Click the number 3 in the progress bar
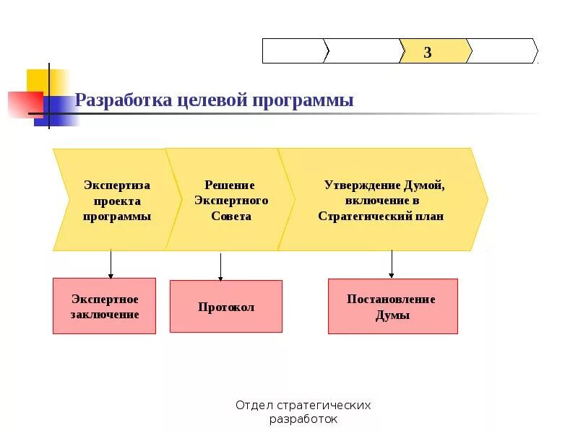click(428, 52)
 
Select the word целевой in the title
click(212, 100)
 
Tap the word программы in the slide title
click(303, 100)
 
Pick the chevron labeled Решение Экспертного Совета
click(230, 200)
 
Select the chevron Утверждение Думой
click(383, 200)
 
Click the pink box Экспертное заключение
click(104, 306)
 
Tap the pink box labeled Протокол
click(226, 307)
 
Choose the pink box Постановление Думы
click(392, 307)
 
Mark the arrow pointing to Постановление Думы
click(392, 264)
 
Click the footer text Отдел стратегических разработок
click(303, 412)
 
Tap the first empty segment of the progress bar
click(293, 51)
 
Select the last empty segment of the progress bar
click(503, 51)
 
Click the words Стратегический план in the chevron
click(381, 216)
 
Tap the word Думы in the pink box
click(392, 315)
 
